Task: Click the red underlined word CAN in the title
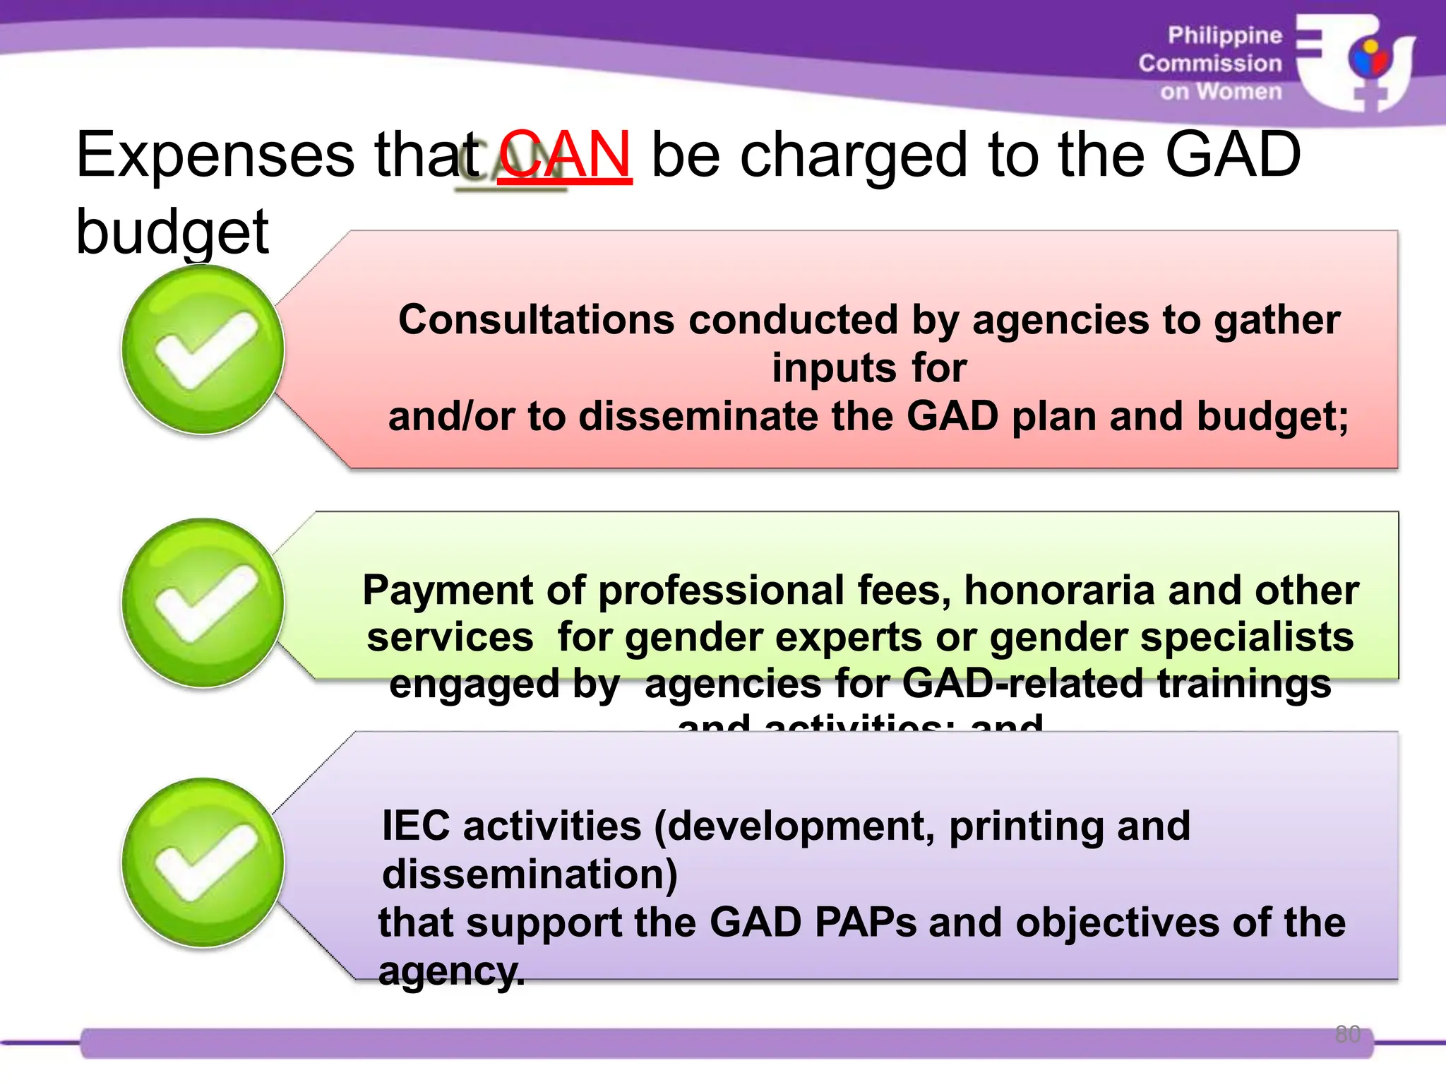tap(565, 155)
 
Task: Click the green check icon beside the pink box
tap(203, 350)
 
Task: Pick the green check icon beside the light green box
tap(203, 603)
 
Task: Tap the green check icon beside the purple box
tap(203, 862)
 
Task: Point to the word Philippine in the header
tap(1224, 35)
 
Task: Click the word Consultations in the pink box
tap(537, 320)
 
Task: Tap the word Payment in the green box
tap(448, 590)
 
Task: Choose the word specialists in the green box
tap(1247, 637)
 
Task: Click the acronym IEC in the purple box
tap(416, 826)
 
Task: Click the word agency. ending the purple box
tap(452, 971)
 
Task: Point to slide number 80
tap(1347, 1034)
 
